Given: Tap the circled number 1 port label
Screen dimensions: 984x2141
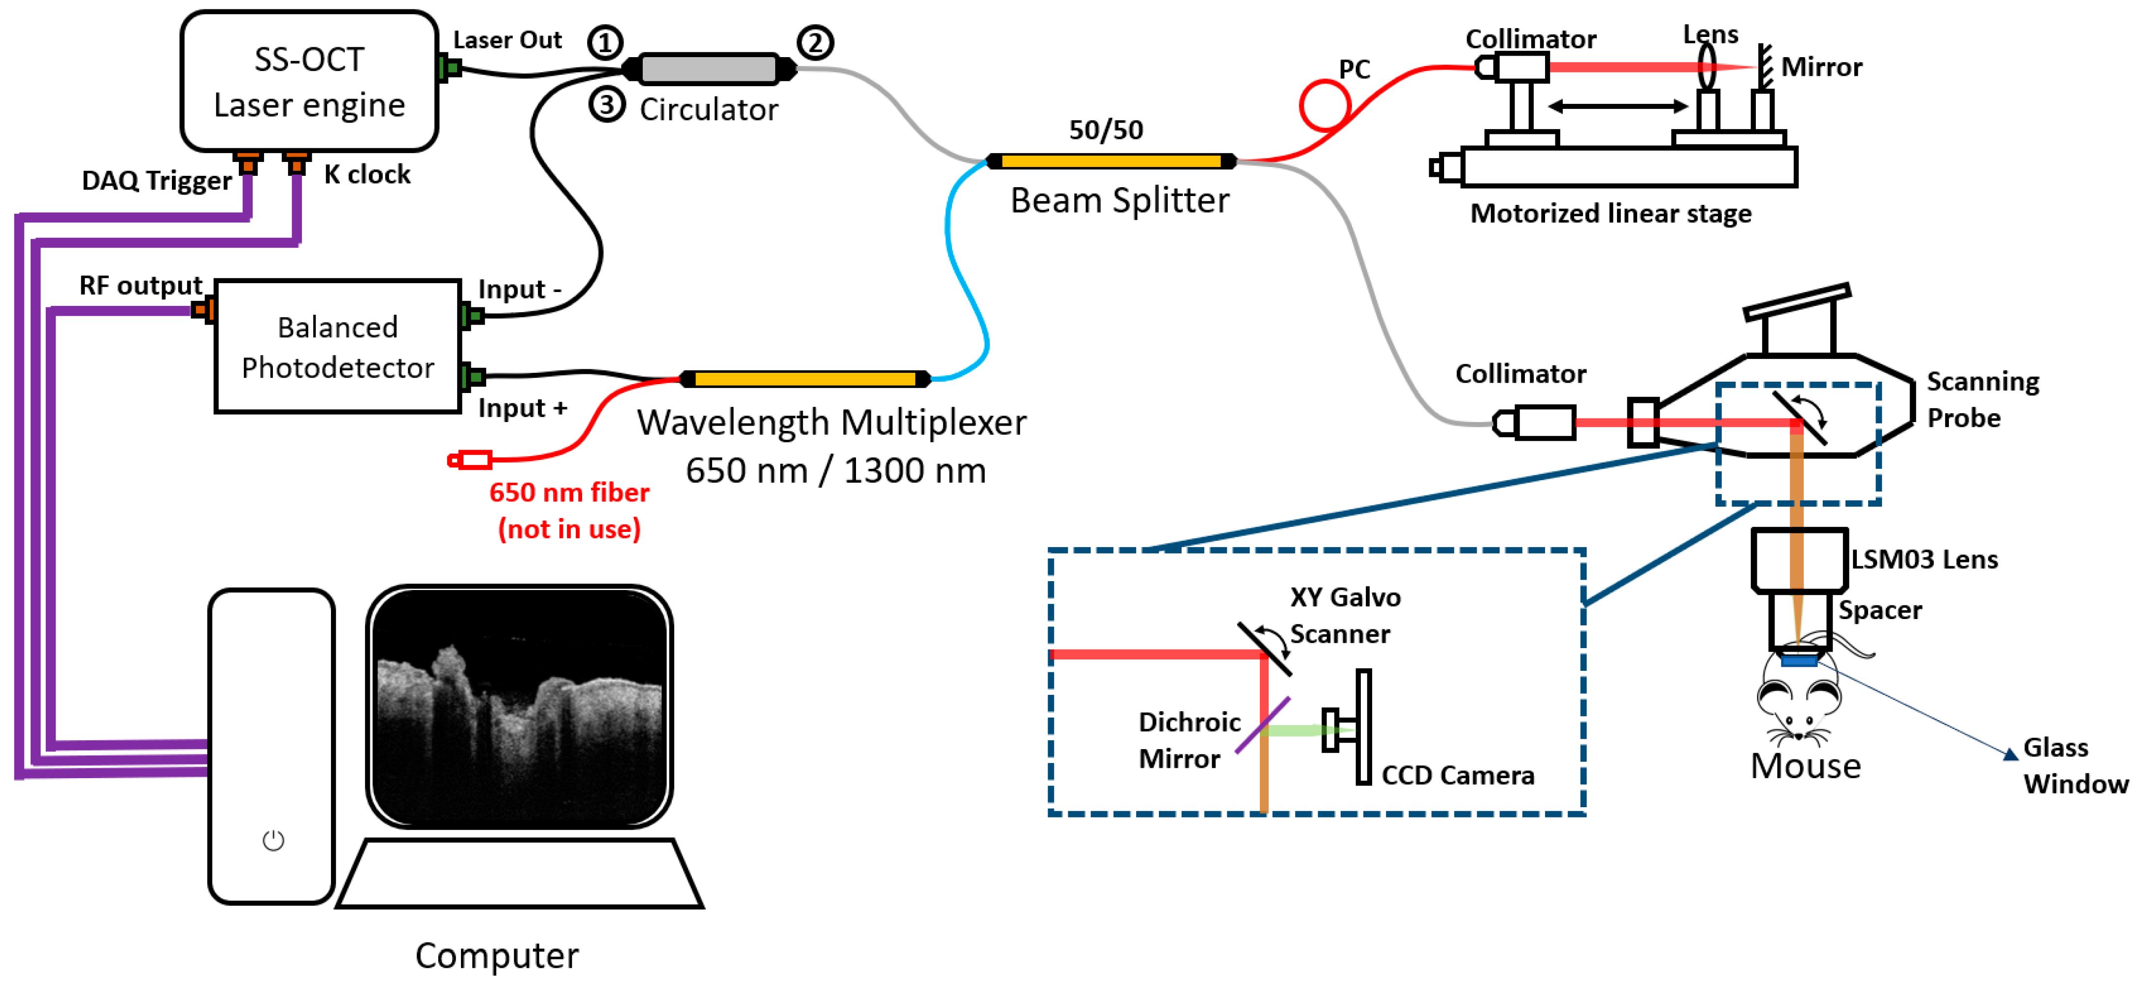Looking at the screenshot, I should click(604, 41).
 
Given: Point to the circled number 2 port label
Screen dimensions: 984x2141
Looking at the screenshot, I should click(815, 41).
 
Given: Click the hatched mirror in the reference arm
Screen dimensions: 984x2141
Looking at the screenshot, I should click(1764, 66).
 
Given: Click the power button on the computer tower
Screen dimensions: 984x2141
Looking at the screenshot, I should click(273, 840).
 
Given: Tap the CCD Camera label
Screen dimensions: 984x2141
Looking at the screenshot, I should click(1457, 775).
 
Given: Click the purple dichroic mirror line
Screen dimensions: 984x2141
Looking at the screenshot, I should click(1262, 725).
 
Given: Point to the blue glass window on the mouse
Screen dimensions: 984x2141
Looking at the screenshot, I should click(1799, 661).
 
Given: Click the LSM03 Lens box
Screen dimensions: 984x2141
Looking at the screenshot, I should click(1799, 559).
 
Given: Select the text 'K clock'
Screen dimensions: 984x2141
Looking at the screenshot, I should click(367, 174).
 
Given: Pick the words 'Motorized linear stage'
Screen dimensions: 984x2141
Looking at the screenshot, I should click(1610, 214).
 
